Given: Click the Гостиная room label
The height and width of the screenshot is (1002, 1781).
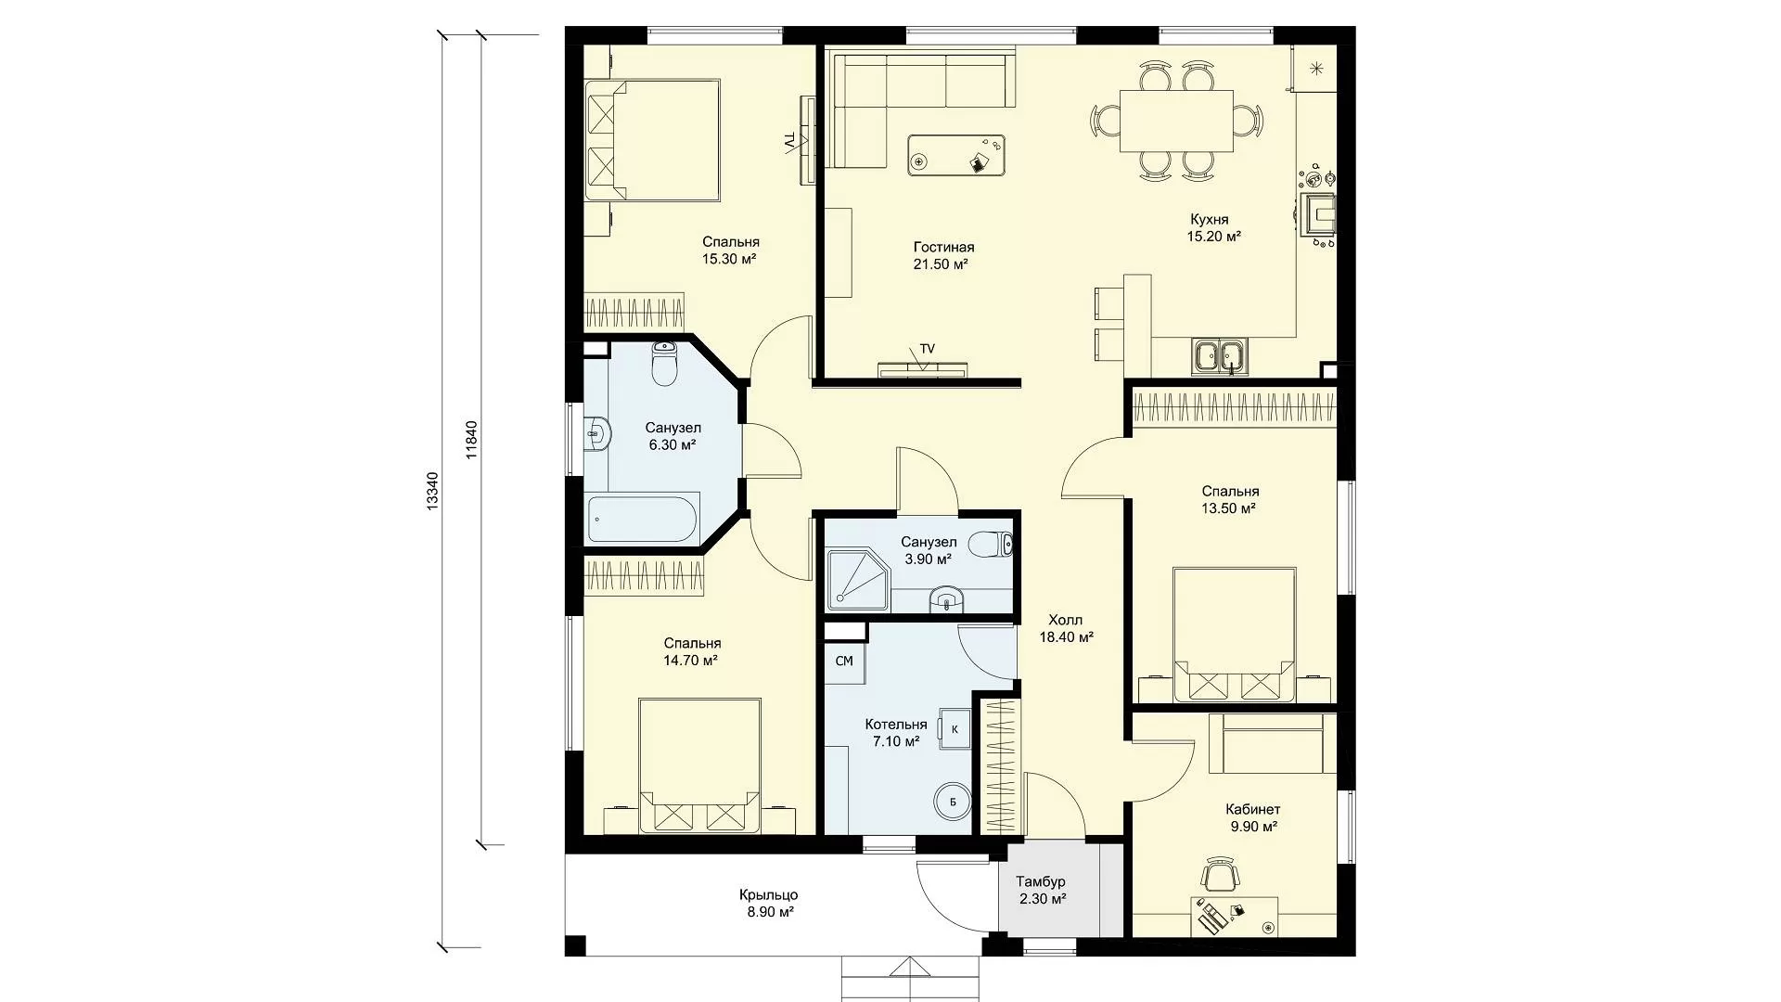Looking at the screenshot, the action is pyautogui.click(x=943, y=248).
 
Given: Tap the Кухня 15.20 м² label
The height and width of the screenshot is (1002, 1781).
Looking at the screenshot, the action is pyautogui.click(x=1214, y=228).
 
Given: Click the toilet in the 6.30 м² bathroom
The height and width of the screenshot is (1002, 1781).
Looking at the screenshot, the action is pyautogui.click(x=665, y=364).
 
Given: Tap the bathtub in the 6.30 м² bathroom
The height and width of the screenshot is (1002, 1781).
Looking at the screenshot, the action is pyautogui.click(x=643, y=520).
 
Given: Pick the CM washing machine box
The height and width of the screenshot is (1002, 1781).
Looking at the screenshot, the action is pyautogui.click(x=844, y=662).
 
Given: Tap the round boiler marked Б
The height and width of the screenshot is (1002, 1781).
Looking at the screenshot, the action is pyautogui.click(x=952, y=800).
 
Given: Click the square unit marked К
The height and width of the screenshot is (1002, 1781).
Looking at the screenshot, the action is pyautogui.click(x=955, y=728).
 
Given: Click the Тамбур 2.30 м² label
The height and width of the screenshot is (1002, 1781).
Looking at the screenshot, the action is pyautogui.click(x=1041, y=890).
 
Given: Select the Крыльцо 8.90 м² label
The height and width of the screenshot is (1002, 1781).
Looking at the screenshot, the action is pyautogui.click(x=769, y=904).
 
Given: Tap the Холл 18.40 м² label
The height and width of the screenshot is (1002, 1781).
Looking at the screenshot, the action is pyautogui.click(x=1066, y=628).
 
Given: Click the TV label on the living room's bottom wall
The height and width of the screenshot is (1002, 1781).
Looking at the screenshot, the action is pyautogui.click(x=928, y=349).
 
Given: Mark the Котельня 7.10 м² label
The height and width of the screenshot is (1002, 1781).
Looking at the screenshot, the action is pyautogui.click(x=896, y=732).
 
